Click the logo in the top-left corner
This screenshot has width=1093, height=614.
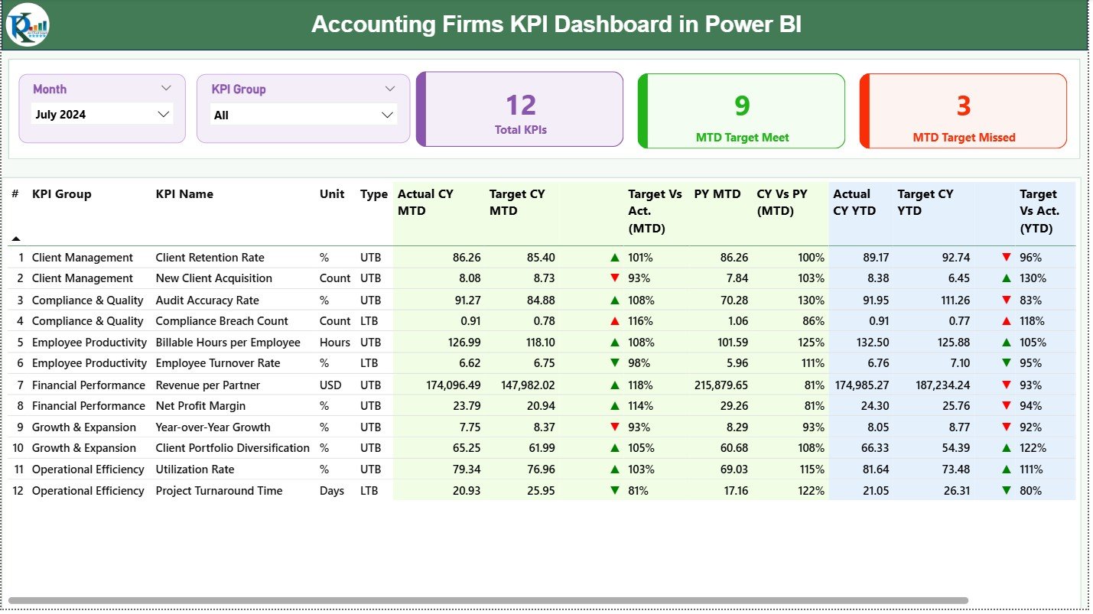click(x=28, y=24)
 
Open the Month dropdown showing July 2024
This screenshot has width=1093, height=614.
click(x=102, y=115)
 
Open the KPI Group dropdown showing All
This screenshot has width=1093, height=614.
click(x=304, y=115)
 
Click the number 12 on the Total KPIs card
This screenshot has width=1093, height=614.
click(x=521, y=106)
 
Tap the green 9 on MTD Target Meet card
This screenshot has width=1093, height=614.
click(x=742, y=106)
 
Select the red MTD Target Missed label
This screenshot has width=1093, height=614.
click(x=964, y=138)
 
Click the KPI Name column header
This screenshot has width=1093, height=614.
click(x=184, y=194)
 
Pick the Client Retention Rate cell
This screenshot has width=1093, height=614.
click(x=210, y=258)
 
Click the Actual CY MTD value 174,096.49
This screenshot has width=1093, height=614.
click(x=453, y=385)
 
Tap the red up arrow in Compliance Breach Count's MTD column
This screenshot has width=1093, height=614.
click(x=614, y=321)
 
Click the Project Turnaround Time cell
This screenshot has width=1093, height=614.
click(x=219, y=491)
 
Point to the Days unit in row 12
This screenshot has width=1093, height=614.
click(x=332, y=491)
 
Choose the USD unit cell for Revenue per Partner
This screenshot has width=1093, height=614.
click(x=332, y=385)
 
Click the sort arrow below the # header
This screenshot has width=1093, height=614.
click(x=16, y=239)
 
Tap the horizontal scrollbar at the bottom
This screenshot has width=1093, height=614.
click(x=488, y=600)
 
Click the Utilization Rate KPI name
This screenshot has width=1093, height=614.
click(x=194, y=469)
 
